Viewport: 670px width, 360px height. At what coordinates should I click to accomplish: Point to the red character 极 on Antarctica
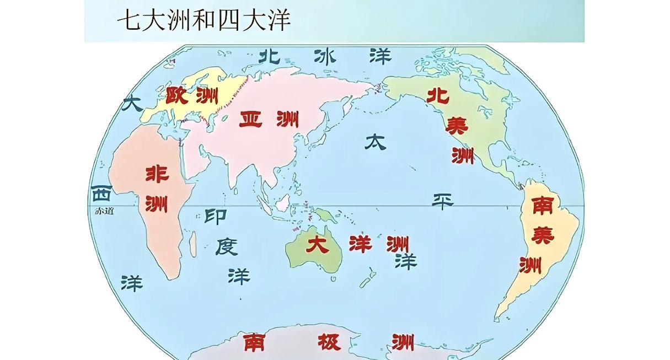(x=329, y=342)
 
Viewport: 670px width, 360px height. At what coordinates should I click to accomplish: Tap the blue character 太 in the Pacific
(x=375, y=142)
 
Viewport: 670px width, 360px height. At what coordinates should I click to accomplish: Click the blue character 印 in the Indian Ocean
(x=215, y=216)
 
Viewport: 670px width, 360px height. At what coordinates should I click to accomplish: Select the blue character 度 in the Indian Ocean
(x=226, y=246)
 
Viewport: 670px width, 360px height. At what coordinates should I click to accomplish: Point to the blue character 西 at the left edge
(x=101, y=194)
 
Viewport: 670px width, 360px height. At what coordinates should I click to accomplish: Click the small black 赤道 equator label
(x=104, y=211)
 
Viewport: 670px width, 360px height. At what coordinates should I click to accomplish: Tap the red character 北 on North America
(x=438, y=95)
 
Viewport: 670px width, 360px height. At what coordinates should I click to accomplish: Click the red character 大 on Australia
(x=318, y=244)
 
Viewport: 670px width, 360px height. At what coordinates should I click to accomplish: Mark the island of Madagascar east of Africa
(x=192, y=241)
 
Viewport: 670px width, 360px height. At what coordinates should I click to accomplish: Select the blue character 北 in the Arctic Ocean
(x=270, y=55)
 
